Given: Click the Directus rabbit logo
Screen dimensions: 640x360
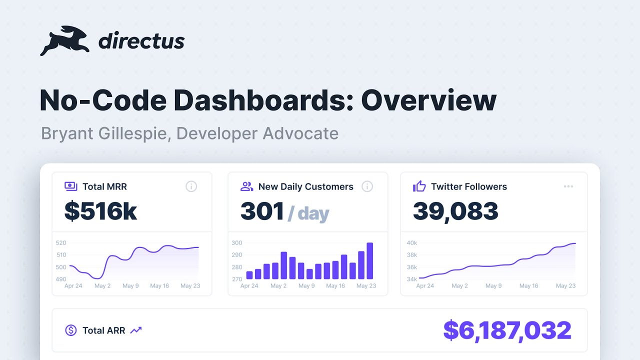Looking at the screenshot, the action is coord(64,41).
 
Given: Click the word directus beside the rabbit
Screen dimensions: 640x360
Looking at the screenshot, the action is coord(141,41).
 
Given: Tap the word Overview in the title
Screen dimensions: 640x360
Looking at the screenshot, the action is coord(428,100).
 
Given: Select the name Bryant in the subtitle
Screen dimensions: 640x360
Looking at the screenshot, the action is coord(67,133).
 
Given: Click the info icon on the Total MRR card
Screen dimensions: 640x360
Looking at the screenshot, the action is coord(191,186).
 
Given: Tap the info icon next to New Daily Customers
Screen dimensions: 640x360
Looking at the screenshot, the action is coord(367,186).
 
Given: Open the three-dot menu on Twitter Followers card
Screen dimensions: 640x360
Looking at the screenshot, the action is coord(568,186).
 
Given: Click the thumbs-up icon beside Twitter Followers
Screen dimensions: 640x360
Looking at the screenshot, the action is coord(419,186).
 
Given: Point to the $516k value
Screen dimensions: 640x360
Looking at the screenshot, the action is coord(100,211).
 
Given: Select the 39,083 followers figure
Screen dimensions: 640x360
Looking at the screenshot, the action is coord(455,211).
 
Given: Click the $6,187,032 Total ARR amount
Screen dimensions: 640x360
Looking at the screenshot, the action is coord(507,330).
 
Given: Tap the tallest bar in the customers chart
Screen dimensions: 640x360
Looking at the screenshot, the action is coord(369,260).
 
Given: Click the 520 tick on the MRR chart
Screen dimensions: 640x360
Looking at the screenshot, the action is coord(61,243).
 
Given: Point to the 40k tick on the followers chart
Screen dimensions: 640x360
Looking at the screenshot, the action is coord(412,243).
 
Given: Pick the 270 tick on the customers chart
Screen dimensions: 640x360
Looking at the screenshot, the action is coord(237,279).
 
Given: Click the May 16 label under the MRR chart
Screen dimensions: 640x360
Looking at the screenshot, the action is coord(159,285).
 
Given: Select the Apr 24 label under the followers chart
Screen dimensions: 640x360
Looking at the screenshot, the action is coord(425,285).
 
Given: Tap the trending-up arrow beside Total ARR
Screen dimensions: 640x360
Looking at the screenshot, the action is coord(136,330).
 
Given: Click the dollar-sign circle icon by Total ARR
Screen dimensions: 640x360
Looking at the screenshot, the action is coord(71,330).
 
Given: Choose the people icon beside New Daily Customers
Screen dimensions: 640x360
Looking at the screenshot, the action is coord(246,186).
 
